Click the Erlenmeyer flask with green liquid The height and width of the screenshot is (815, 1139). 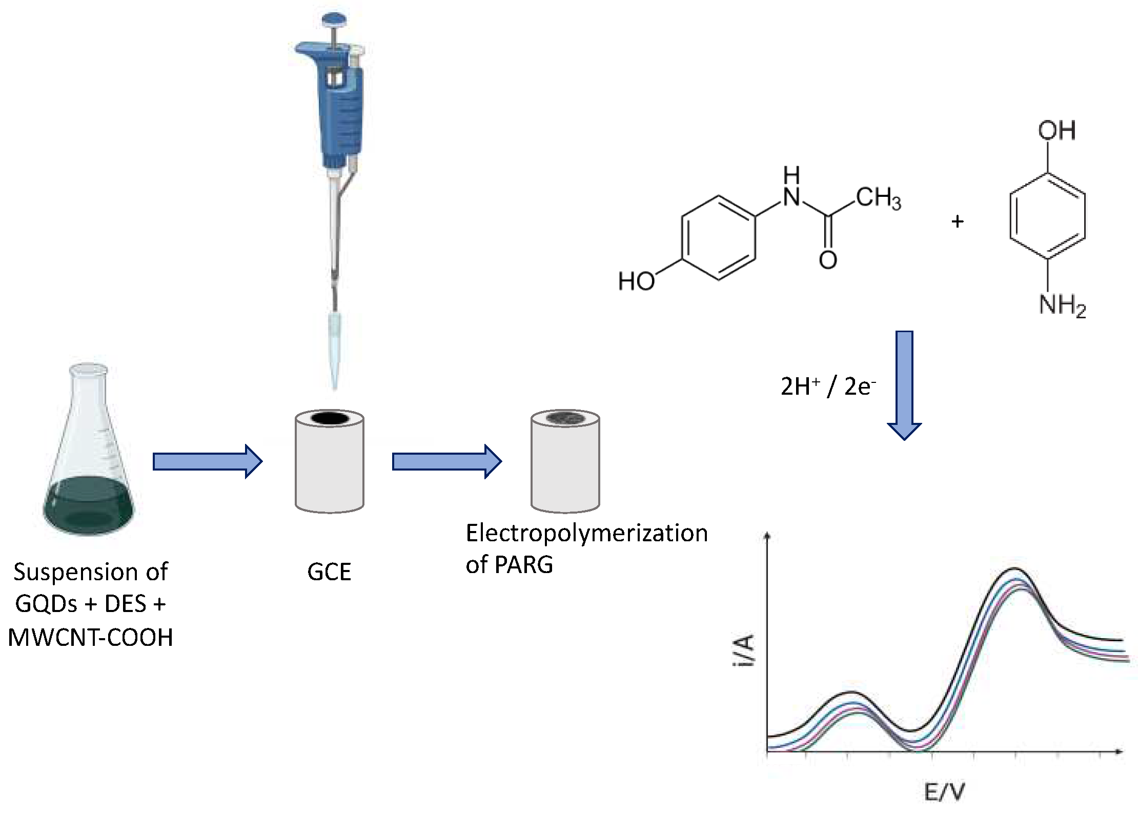[x=88, y=461]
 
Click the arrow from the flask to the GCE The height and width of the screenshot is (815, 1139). [x=207, y=461]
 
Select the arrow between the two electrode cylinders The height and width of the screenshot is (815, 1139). [x=446, y=461]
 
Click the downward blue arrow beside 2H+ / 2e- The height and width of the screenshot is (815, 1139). [x=904, y=384]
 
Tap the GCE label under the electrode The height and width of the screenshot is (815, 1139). [x=329, y=572]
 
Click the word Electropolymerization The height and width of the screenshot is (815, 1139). [x=586, y=534]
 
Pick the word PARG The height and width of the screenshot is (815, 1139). [x=524, y=565]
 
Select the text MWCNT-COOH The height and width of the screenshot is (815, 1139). [x=91, y=638]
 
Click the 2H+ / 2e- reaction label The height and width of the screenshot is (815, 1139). [x=827, y=386]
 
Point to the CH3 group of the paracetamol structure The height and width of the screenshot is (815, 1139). [x=878, y=198]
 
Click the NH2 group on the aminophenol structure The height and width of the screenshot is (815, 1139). [x=1062, y=305]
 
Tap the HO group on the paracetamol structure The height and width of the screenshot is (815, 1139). [x=636, y=281]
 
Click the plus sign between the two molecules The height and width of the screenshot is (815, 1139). [x=957, y=221]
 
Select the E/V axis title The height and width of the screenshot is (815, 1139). [x=944, y=792]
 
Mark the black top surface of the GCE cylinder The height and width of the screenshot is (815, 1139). [x=329, y=418]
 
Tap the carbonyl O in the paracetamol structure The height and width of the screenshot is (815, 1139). [x=828, y=260]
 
